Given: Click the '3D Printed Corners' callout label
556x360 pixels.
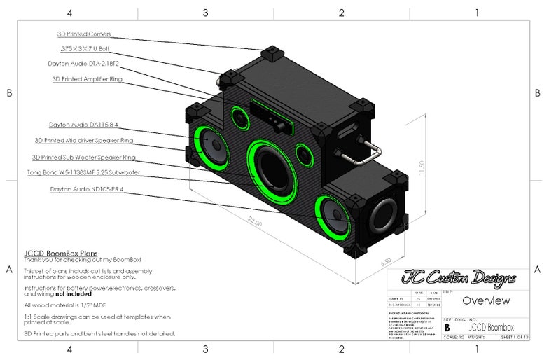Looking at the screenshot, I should tap(84, 34).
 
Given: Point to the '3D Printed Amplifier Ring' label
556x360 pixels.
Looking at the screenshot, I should tap(87, 79).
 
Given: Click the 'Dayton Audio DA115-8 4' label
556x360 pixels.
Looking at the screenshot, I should tap(83, 125).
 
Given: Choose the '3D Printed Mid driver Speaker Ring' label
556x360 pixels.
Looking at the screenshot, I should tap(83, 141).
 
